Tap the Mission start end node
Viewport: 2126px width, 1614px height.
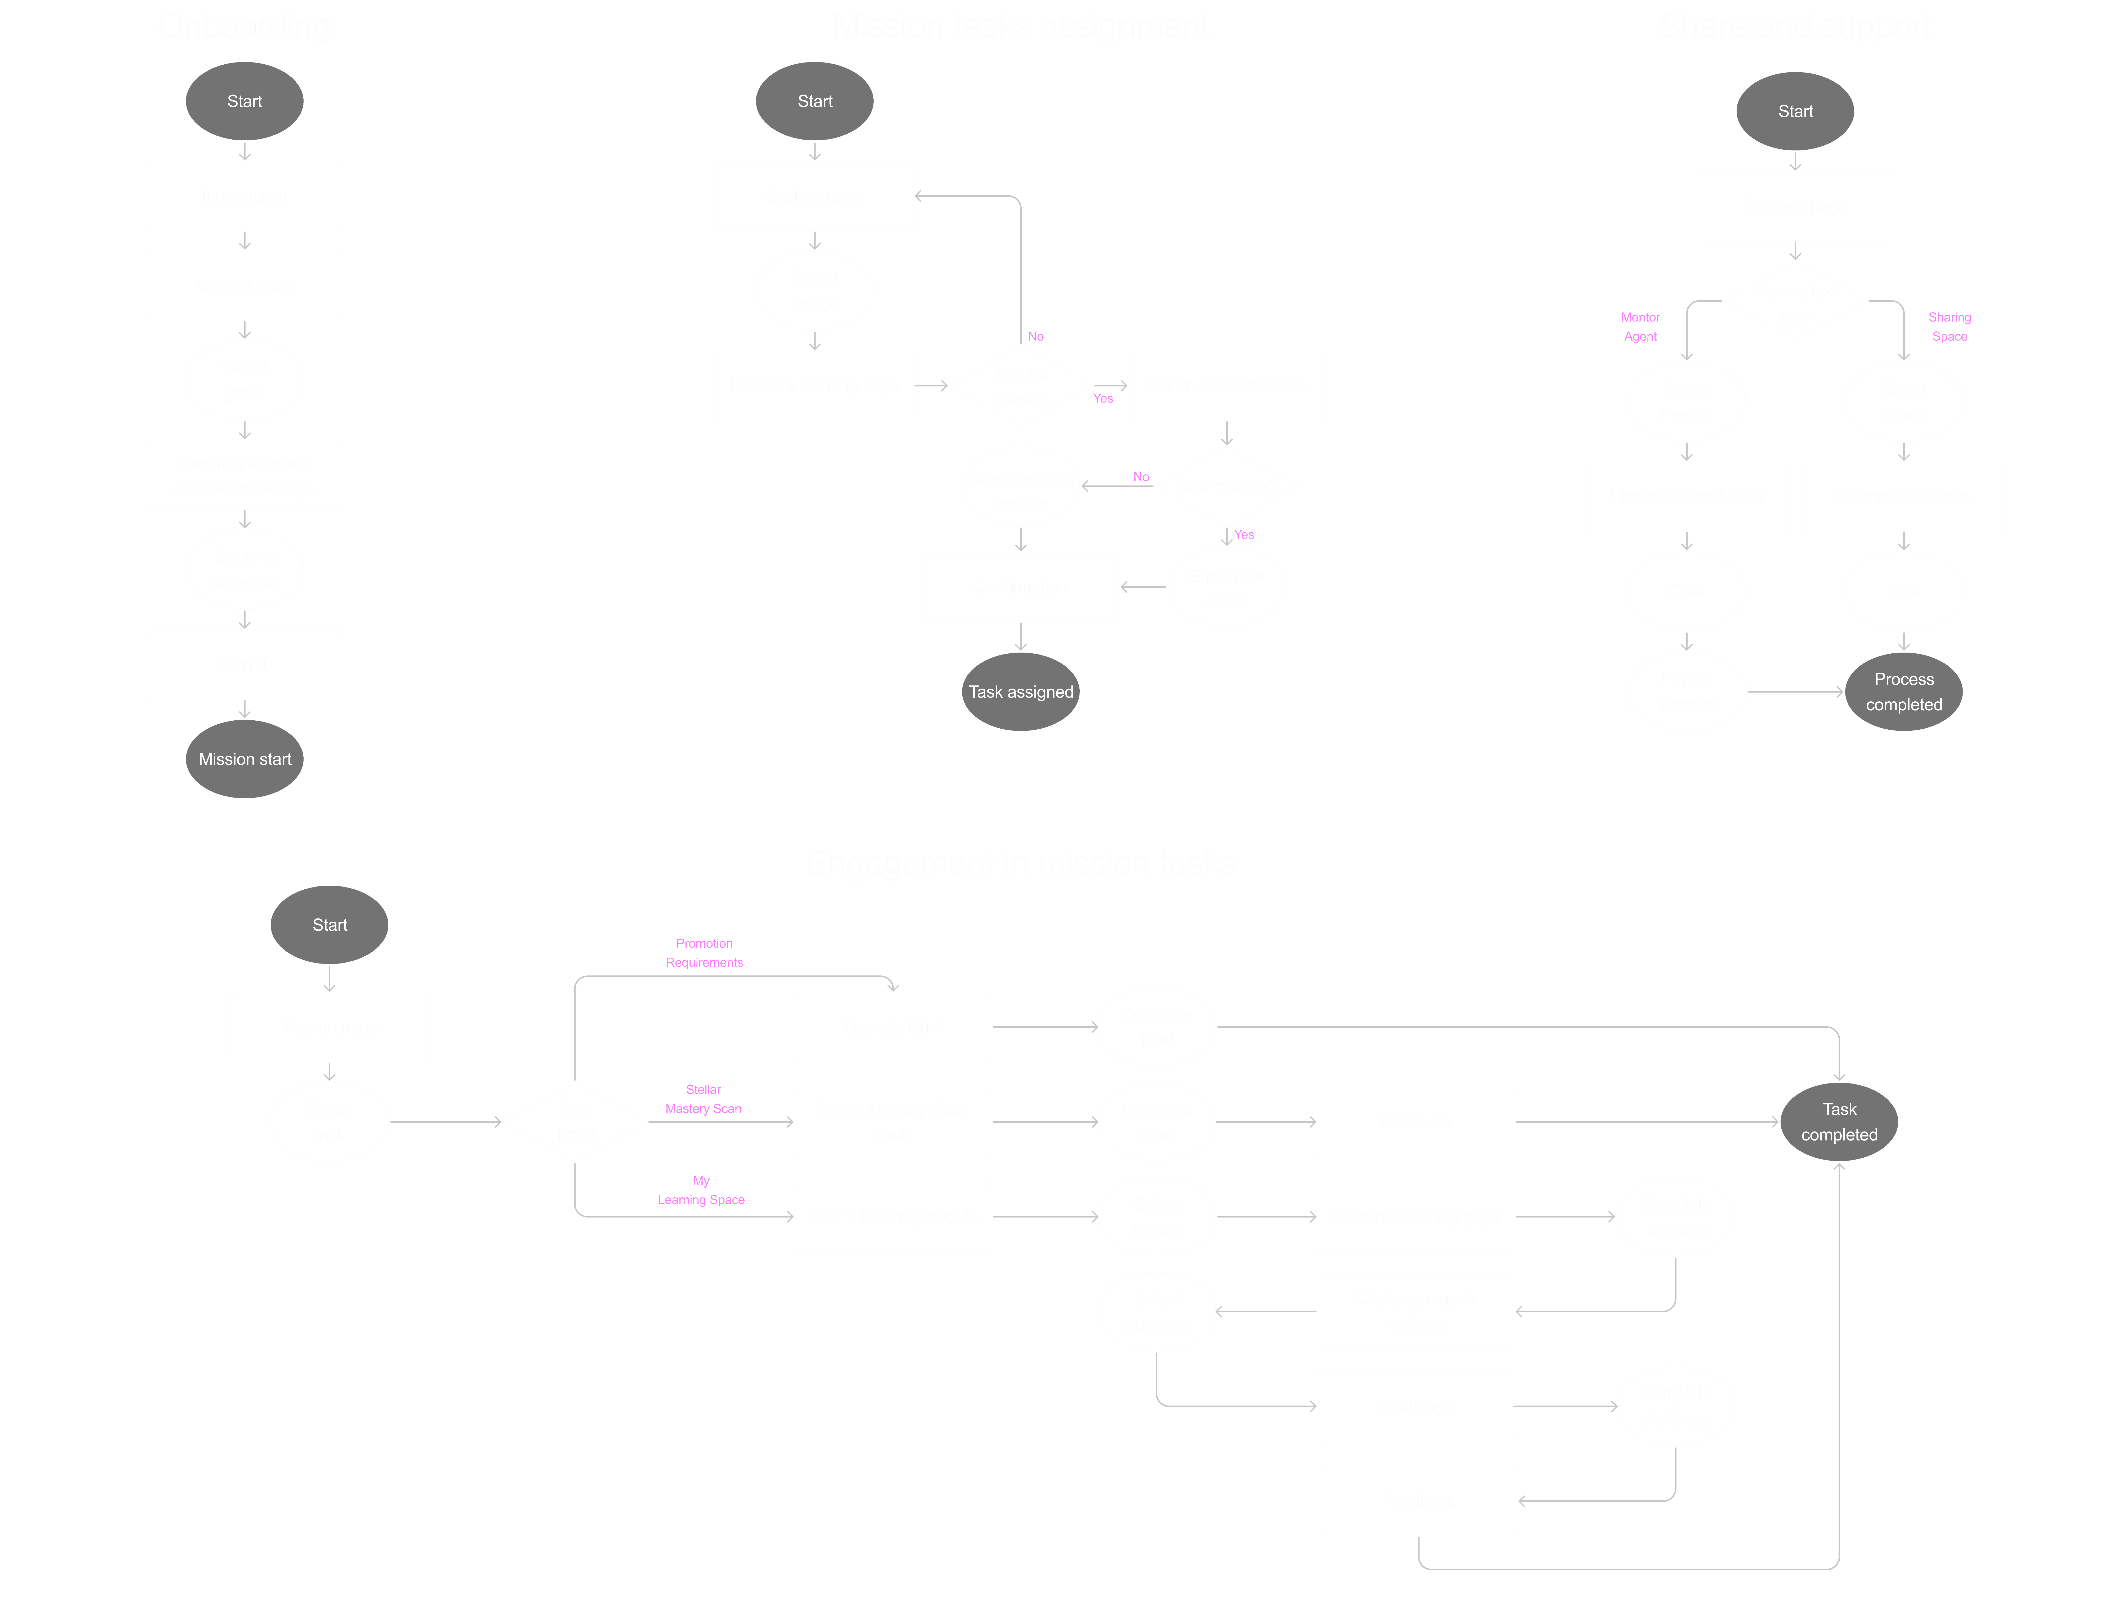pos(244,759)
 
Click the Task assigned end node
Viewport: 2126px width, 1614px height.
pos(1020,692)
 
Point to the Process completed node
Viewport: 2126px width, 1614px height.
pos(1903,692)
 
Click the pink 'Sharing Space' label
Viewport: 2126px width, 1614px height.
pos(1949,327)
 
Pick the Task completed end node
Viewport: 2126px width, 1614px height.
pos(1839,1121)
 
